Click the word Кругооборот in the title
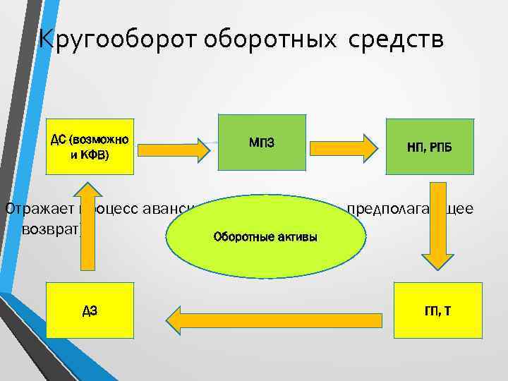coord(117,40)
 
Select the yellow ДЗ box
coord(90,310)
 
